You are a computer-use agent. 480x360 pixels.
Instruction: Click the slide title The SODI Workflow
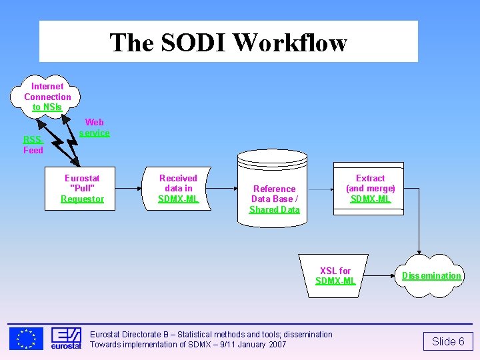click(228, 42)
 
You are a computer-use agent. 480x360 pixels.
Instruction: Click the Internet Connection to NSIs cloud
click(47, 97)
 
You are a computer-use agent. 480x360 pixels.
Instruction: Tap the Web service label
click(94, 127)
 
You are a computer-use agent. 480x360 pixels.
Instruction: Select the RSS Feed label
click(33, 145)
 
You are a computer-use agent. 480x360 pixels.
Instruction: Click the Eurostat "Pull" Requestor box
click(82, 189)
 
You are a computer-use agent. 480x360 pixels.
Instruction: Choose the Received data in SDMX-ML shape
click(178, 189)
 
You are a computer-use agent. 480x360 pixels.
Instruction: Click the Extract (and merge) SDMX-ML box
click(370, 189)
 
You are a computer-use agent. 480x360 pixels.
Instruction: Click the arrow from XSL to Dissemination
click(383, 275)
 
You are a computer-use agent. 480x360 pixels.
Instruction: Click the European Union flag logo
click(26, 339)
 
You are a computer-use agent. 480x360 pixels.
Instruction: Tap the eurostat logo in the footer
click(66, 339)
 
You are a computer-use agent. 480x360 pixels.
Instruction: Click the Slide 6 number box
click(448, 342)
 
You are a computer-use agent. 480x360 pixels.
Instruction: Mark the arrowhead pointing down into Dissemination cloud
click(419, 249)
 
